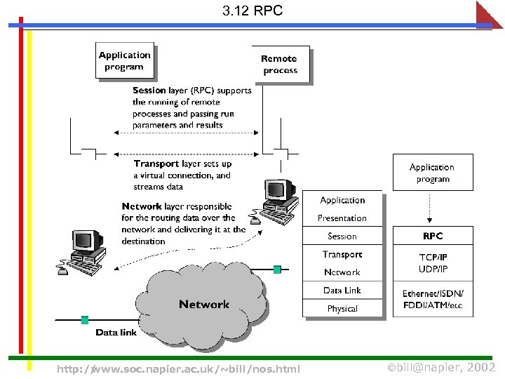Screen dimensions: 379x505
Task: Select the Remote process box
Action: point(280,65)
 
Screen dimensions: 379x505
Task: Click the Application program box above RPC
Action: point(432,173)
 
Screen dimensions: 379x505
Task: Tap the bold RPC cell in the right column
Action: point(432,236)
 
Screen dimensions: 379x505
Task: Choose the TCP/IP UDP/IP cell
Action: point(432,263)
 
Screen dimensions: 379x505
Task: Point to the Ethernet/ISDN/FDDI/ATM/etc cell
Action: point(432,299)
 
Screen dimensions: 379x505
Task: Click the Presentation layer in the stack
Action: point(342,218)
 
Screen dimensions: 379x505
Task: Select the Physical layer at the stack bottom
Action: point(342,309)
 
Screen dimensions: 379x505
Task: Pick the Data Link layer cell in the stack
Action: point(342,291)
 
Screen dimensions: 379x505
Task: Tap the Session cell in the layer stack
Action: point(342,237)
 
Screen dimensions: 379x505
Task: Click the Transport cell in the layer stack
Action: point(342,255)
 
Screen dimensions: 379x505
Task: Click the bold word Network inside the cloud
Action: point(204,304)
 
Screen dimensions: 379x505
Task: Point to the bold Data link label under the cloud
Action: point(116,332)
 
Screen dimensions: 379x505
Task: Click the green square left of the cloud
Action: point(85,320)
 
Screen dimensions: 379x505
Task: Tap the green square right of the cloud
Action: point(277,269)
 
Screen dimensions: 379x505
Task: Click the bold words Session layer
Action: point(159,91)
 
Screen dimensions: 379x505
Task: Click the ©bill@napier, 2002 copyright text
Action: point(441,368)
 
